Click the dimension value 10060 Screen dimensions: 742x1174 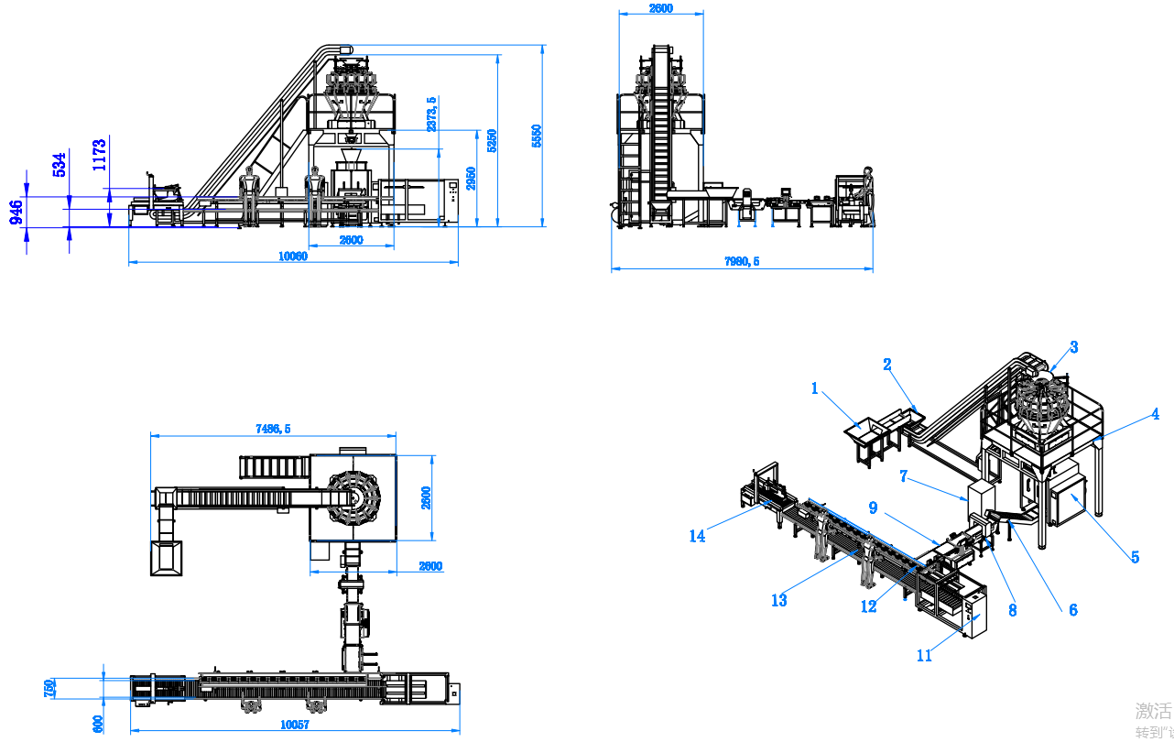pyautogui.click(x=293, y=256)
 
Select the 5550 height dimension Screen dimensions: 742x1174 pyautogui.click(x=538, y=136)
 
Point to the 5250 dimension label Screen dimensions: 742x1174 pyautogui.click(x=492, y=139)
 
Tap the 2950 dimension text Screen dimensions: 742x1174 pyautogui.click(x=471, y=177)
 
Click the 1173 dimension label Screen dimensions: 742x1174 pyautogui.click(x=100, y=154)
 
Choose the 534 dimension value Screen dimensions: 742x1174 pyautogui.click(x=60, y=165)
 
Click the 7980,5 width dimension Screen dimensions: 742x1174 pyautogui.click(x=742, y=262)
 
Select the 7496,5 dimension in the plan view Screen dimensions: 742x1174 pyautogui.click(x=272, y=429)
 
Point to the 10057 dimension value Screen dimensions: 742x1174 pyautogui.click(x=295, y=725)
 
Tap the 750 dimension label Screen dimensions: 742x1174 pyautogui.click(x=50, y=688)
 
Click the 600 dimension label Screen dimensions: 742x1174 pyautogui.click(x=98, y=724)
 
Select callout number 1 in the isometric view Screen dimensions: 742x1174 pyautogui.click(x=815, y=388)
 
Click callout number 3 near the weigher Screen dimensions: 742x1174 pyautogui.click(x=1074, y=347)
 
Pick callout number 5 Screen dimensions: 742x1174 pyautogui.click(x=1135, y=557)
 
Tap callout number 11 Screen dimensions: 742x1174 pyautogui.click(x=925, y=656)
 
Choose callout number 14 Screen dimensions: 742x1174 pyautogui.click(x=698, y=536)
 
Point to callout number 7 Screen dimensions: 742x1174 pyautogui.click(x=904, y=476)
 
